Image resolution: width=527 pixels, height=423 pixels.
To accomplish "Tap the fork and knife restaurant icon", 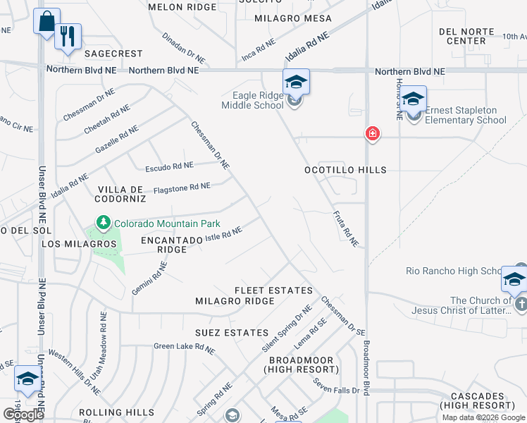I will [68, 37].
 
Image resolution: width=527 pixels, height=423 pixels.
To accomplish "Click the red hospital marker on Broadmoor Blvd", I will [372, 134].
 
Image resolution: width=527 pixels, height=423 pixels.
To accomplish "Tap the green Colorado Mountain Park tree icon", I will [104, 223].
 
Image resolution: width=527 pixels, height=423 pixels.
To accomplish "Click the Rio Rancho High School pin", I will [514, 280].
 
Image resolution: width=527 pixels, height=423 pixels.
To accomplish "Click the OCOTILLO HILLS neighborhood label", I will [345, 170].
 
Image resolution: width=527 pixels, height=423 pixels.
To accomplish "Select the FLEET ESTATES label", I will [273, 290].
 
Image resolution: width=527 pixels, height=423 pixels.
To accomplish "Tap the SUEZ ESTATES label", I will [232, 332].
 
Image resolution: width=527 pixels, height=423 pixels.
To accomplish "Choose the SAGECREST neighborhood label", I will [113, 54].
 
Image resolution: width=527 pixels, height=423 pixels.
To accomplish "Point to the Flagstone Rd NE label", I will [182, 187].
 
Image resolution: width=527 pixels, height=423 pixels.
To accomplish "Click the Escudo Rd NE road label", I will [168, 167].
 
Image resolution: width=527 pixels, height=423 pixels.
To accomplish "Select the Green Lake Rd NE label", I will [184, 346].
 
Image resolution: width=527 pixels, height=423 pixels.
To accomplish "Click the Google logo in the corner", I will [23, 414].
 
